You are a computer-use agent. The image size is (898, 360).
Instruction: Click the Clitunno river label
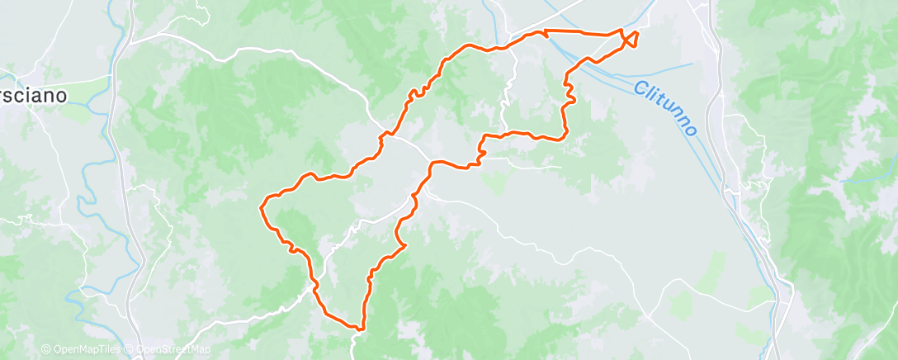click(666, 108)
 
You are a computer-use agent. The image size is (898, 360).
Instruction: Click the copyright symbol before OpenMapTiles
click(45, 350)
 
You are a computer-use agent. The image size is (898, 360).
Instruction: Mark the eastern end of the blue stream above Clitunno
click(692, 63)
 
